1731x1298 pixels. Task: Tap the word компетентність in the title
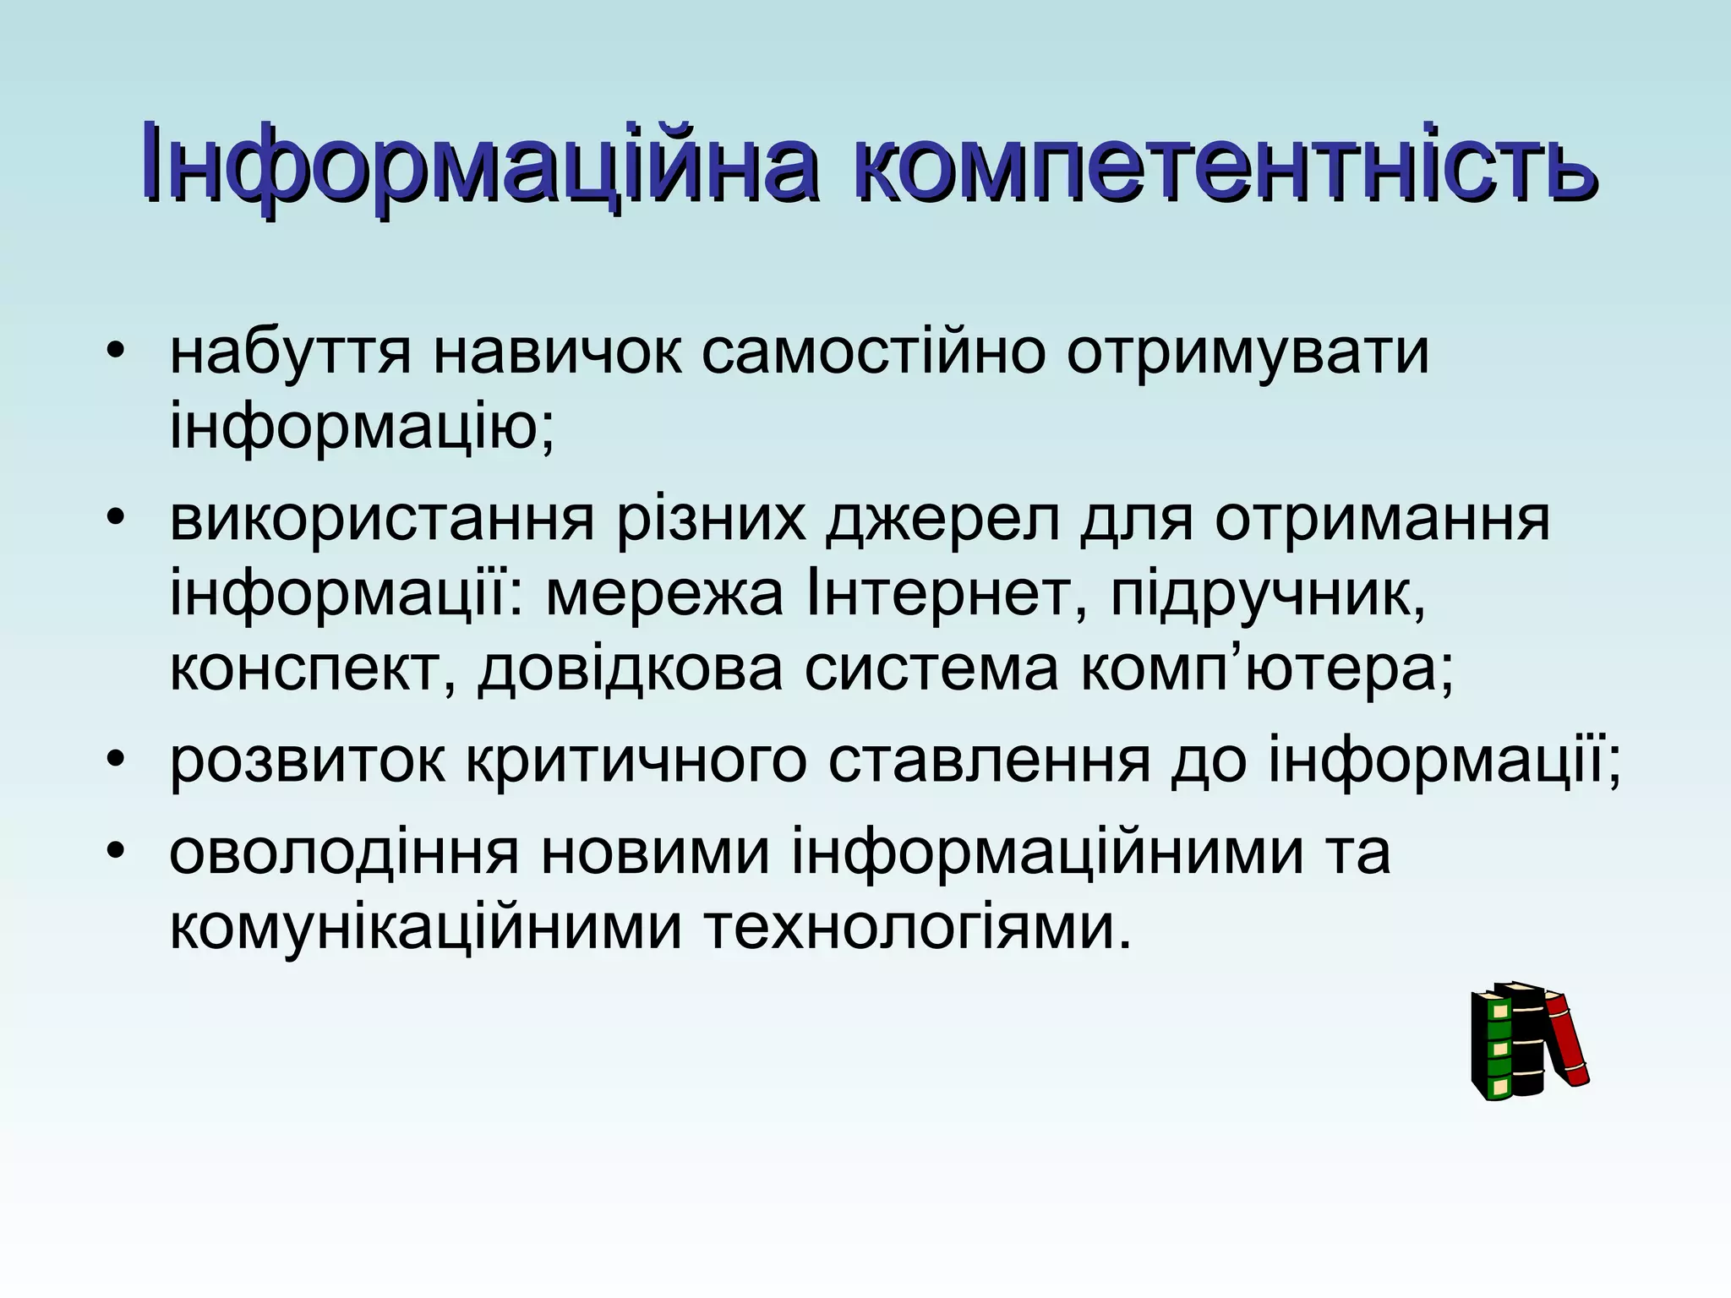pyautogui.click(x=1225, y=163)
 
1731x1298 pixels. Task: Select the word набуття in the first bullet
pyautogui.click(x=291, y=352)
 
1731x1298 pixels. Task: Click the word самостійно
pyautogui.click(x=874, y=352)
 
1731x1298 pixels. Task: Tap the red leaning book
pyautogui.click(x=1568, y=1039)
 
